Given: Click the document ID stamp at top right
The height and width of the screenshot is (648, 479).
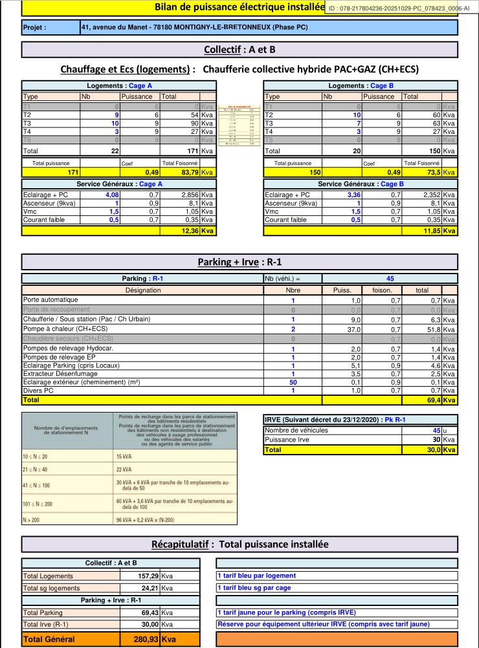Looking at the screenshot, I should [x=399, y=8].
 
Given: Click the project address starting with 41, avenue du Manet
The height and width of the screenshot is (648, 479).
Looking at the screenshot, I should [x=195, y=28].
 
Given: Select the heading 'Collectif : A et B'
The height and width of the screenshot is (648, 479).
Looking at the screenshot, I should [x=240, y=50].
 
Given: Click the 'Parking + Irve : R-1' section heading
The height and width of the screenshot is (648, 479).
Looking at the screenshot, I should [x=240, y=262].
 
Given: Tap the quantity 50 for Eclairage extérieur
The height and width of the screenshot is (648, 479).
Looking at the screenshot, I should [x=293, y=383].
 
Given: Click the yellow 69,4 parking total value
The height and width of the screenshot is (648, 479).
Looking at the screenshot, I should [x=434, y=400].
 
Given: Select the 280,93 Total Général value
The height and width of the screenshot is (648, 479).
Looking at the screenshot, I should [x=146, y=639].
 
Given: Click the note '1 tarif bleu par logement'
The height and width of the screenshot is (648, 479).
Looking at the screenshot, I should [x=257, y=576].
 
